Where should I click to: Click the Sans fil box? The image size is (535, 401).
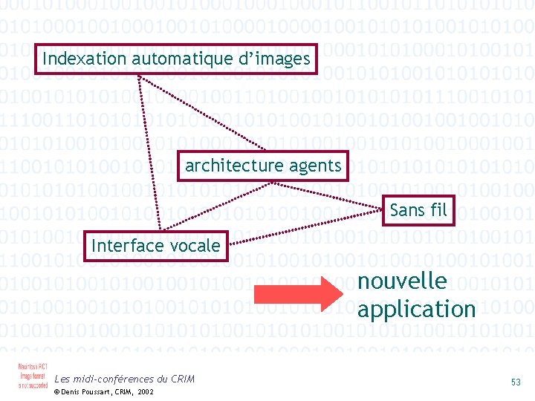click(418, 210)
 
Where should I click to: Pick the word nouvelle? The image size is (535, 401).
click(402, 281)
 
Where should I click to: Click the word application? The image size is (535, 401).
click(416, 308)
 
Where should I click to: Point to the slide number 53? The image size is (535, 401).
click(516, 382)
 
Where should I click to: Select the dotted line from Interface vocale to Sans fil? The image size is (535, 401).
click(305, 223)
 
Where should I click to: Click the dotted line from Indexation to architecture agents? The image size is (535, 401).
click(215, 111)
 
